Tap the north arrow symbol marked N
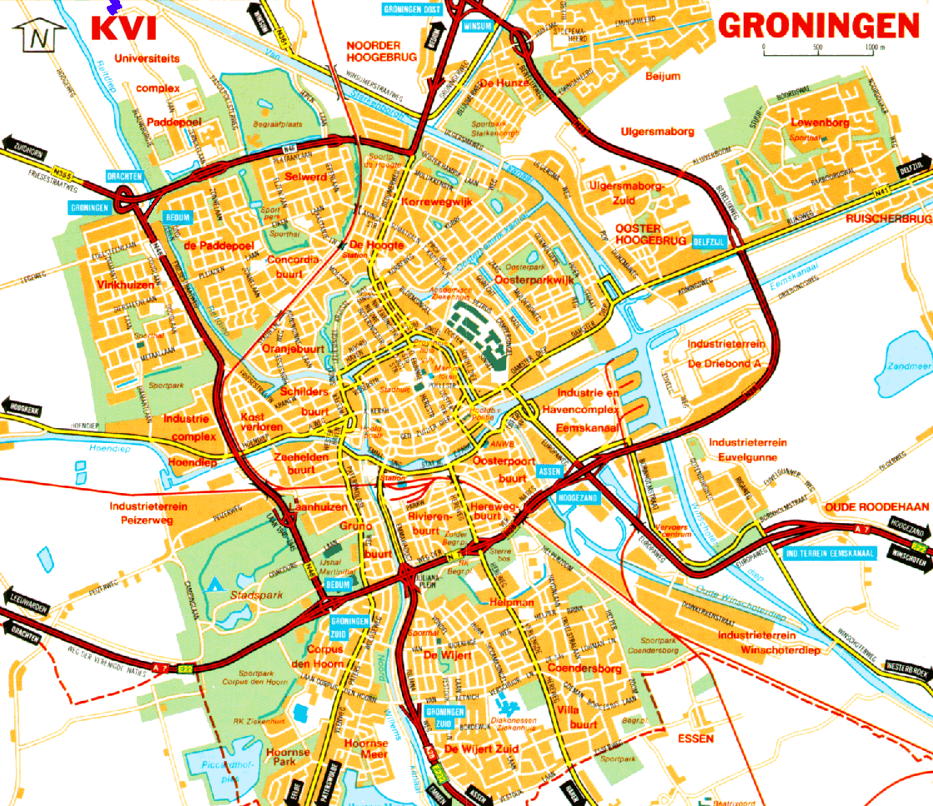[39, 36]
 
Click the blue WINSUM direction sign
[479, 25]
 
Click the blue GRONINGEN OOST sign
[412, 8]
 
